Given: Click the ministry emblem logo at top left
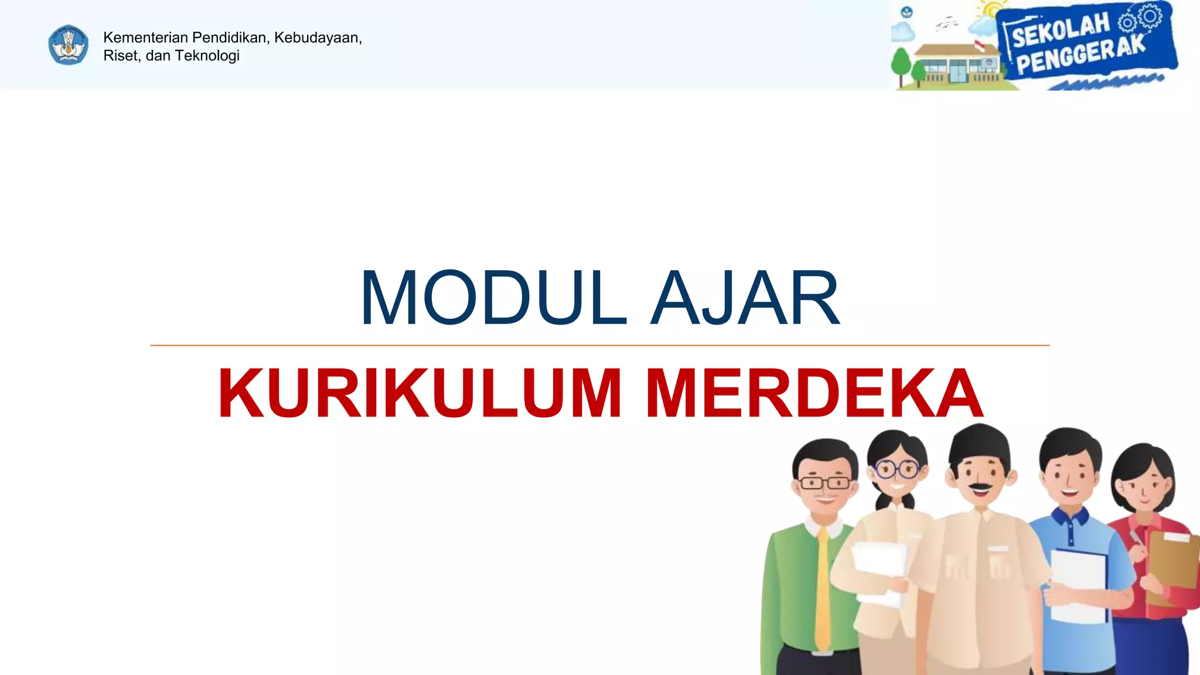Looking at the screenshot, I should pos(69,45).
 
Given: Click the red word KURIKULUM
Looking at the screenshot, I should pos(420,394).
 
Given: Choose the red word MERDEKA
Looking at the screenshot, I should pos(814,394).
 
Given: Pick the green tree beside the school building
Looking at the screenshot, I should pos(901,64).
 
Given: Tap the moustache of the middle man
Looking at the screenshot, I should pos(980,486).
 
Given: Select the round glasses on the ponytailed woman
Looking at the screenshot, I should pos(896,469).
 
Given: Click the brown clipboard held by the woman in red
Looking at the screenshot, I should pos(1172,562).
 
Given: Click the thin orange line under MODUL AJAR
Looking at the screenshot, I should pos(599,346).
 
